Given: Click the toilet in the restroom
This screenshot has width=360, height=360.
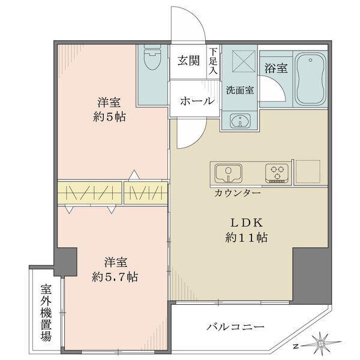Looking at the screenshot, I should (152, 60).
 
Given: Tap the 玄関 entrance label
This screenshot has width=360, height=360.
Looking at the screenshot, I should (188, 61).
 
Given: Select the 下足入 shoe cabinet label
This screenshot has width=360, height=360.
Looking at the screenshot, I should (213, 61).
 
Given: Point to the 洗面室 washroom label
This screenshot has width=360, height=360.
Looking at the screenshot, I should (239, 92).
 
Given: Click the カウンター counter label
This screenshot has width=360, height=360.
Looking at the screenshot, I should (236, 194).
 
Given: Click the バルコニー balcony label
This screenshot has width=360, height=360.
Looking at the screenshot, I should (236, 328).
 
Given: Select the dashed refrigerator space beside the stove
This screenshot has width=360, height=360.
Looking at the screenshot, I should (310, 173).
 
